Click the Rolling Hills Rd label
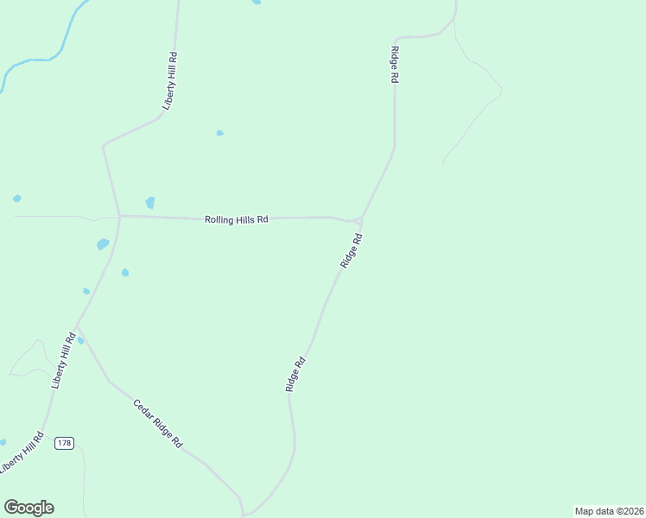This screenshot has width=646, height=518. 237,219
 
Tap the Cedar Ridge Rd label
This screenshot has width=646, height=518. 157,422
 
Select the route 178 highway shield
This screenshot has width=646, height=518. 64,443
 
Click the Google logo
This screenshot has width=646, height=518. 28,508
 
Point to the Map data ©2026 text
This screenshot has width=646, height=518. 609,510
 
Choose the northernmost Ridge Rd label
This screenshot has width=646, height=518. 395,65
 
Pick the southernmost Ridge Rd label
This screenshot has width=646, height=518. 296,376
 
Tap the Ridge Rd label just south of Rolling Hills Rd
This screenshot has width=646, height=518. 351,250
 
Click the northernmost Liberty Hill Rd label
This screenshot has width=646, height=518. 172,80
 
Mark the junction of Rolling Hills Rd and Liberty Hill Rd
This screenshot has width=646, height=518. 119,215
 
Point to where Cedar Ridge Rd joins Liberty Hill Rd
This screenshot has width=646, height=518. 78,328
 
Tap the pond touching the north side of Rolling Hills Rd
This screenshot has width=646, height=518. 150,203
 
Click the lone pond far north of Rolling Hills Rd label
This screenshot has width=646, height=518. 219,133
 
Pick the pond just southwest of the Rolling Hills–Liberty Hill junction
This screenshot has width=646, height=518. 103,244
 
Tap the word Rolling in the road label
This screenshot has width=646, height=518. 219,219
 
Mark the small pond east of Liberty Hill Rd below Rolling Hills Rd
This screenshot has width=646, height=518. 125,273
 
